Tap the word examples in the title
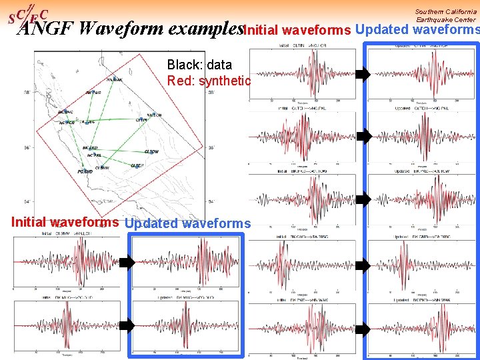coord(207,29)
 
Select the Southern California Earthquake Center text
coord(445,15)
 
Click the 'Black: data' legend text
coord(199,65)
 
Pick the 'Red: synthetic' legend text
coord(209,81)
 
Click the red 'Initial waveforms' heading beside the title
coord(297,30)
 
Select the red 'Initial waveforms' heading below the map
coord(64,223)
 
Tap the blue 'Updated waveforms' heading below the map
coord(188,224)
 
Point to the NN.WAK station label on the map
coord(115,79)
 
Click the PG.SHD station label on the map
coord(84,171)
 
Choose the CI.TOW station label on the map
coord(152,151)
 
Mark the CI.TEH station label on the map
coord(137,165)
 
